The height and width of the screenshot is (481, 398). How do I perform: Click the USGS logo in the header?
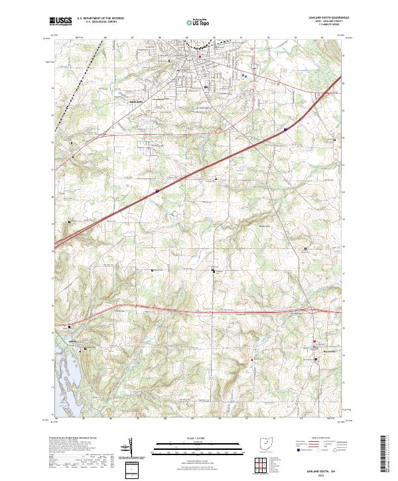coord(60,21)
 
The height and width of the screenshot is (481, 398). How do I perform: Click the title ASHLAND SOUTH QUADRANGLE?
coord(322,18)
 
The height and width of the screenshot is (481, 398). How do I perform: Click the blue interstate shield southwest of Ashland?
coord(157,190)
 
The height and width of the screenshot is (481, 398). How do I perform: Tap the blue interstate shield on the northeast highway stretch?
coord(285,129)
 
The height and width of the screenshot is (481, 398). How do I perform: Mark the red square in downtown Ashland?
coord(199,56)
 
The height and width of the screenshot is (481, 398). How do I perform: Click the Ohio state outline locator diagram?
coord(266,442)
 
